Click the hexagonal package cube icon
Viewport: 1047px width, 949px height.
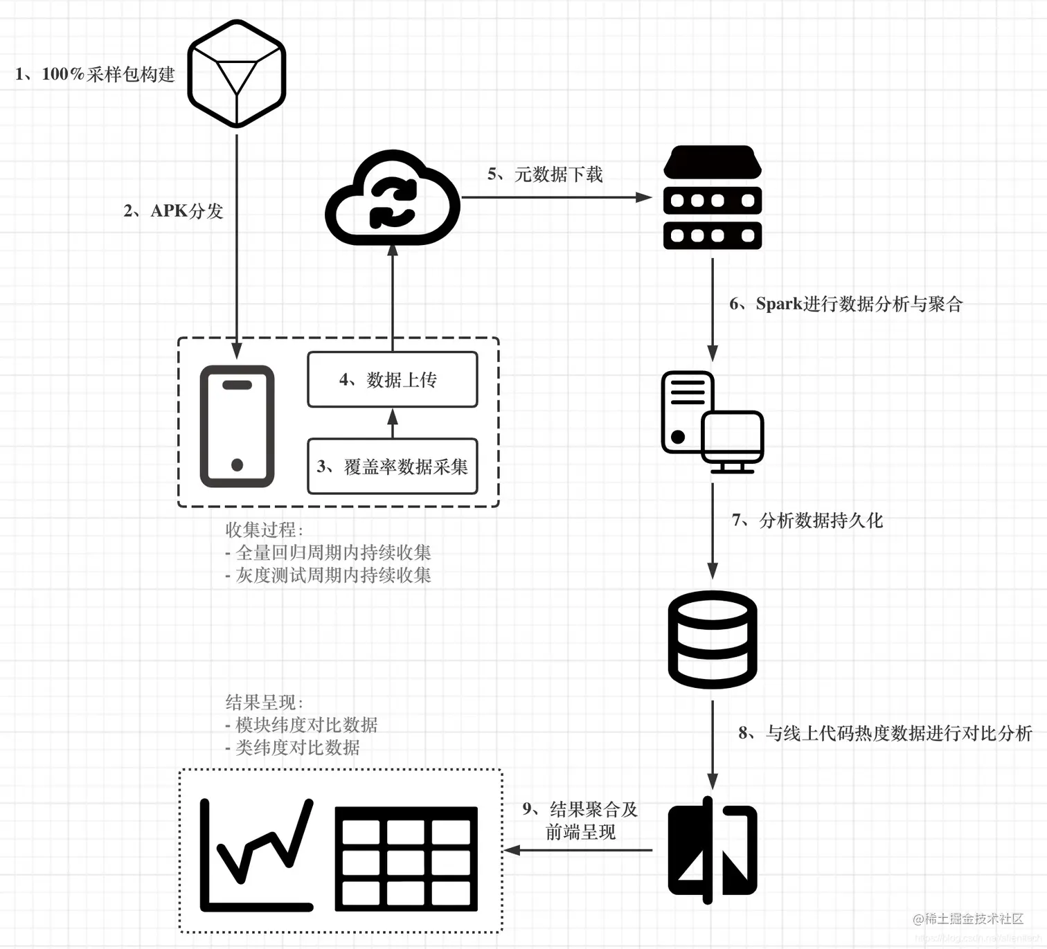click(237, 73)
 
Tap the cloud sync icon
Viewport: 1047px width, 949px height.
click(393, 199)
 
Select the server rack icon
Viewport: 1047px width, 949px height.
click(713, 198)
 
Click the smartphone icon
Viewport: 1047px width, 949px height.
click(237, 426)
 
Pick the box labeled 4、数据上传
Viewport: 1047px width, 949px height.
click(393, 379)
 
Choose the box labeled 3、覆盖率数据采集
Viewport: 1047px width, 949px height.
click(393, 467)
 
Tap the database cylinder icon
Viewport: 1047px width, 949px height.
click(713, 640)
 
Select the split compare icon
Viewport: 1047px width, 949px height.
click(713, 850)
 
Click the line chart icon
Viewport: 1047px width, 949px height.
click(257, 855)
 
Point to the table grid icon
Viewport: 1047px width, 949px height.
click(406, 858)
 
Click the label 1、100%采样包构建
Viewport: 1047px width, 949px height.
click(95, 74)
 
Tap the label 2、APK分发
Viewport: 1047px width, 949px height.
click(173, 211)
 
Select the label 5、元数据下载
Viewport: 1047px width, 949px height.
click(545, 174)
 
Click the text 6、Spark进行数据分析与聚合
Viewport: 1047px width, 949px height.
click(845, 304)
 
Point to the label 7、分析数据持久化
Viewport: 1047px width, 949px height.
click(807, 521)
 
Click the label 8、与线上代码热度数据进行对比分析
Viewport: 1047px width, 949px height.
click(885, 733)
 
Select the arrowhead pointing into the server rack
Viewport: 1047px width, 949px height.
click(644, 197)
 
